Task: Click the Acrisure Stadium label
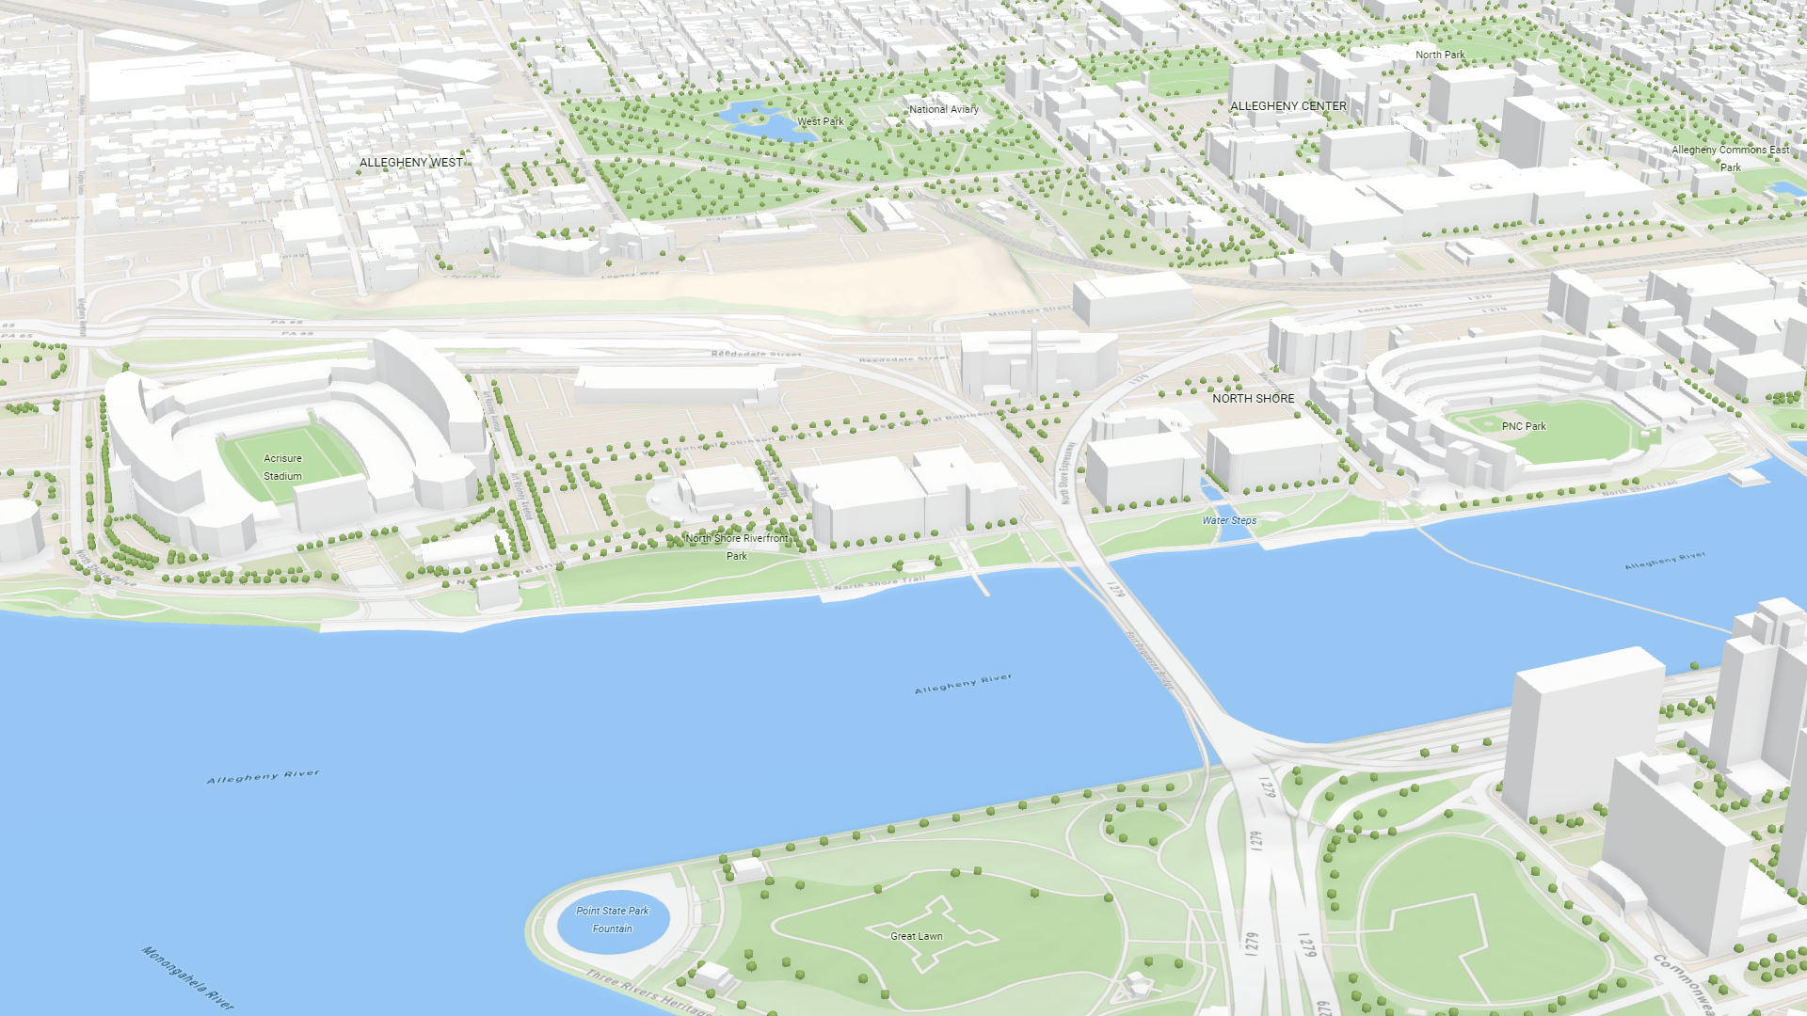tap(282, 468)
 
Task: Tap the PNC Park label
tap(1524, 426)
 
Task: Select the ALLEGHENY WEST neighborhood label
tap(411, 163)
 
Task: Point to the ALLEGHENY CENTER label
tap(1288, 106)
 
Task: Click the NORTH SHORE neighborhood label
tap(1253, 399)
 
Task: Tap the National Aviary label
tap(943, 109)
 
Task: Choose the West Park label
tap(820, 121)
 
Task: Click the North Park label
tap(1440, 55)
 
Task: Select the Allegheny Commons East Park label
tap(1730, 158)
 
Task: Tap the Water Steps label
tap(1229, 520)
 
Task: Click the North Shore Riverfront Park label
tap(737, 547)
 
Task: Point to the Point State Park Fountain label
tap(613, 919)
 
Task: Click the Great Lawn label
tap(916, 936)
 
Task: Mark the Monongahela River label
tap(187, 978)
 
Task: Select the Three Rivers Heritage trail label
tap(649, 993)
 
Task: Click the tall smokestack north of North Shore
tap(1033, 357)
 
